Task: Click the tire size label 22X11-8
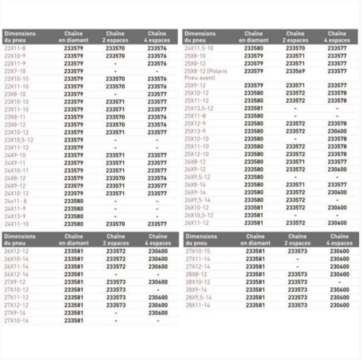point(15,48)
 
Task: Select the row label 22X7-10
point(15,71)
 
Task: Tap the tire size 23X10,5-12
point(19,140)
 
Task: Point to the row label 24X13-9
point(15,216)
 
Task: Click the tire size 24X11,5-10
point(199,48)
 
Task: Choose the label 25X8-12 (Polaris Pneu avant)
point(206,74)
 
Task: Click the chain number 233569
point(296,71)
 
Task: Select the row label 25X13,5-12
point(199,108)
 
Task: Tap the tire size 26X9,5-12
point(197,177)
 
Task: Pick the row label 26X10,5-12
point(199,215)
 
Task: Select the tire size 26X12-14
point(16,274)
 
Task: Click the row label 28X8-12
point(195,274)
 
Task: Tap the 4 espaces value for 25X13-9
point(337,131)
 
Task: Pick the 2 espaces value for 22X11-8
point(115,48)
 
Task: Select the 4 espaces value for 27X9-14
point(158,313)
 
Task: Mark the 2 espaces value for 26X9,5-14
point(296,200)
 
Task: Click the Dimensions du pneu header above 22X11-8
point(20,37)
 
